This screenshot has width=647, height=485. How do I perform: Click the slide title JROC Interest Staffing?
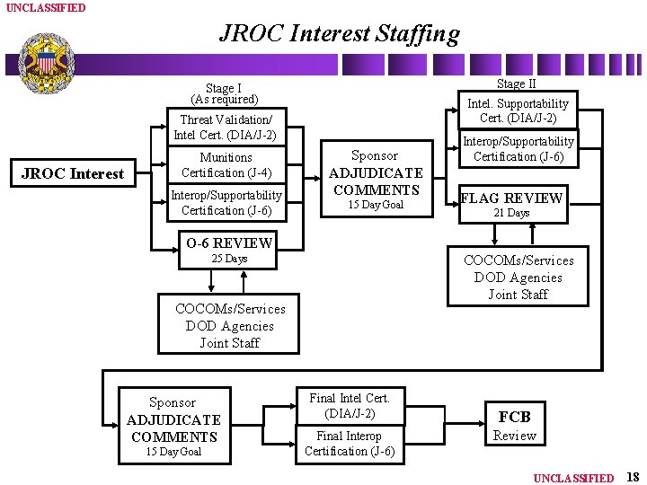click(339, 34)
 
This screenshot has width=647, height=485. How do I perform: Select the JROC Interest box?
click(72, 173)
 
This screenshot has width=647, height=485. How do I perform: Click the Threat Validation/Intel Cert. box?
click(225, 127)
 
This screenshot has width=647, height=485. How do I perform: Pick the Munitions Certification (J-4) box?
click(226, 165)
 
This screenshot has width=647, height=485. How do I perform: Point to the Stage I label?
click(224, 93)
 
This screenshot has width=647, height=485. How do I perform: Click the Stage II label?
click(511, 84)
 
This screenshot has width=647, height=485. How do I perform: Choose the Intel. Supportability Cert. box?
click(518, 110)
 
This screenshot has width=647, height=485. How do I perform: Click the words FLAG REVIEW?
click(511, 198)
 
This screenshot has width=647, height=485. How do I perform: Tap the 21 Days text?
click(511, 213)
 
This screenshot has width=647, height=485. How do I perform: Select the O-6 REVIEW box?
click(228, 242)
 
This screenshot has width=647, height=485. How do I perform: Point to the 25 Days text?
click(228, 259)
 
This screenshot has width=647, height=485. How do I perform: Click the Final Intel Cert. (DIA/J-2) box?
click(350, 405)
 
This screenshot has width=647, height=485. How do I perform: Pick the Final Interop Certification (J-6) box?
click(350, 444)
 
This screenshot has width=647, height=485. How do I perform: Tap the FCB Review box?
click(514, 425)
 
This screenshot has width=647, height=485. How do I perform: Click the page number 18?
click(632, 477)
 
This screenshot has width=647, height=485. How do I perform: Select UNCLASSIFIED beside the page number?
click(573, 478)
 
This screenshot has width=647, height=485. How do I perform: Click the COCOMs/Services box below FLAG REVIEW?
click(518, 277)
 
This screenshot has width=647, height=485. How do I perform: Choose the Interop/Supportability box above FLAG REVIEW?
click(518, 149)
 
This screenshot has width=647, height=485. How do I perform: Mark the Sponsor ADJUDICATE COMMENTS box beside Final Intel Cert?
click(173, 425)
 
